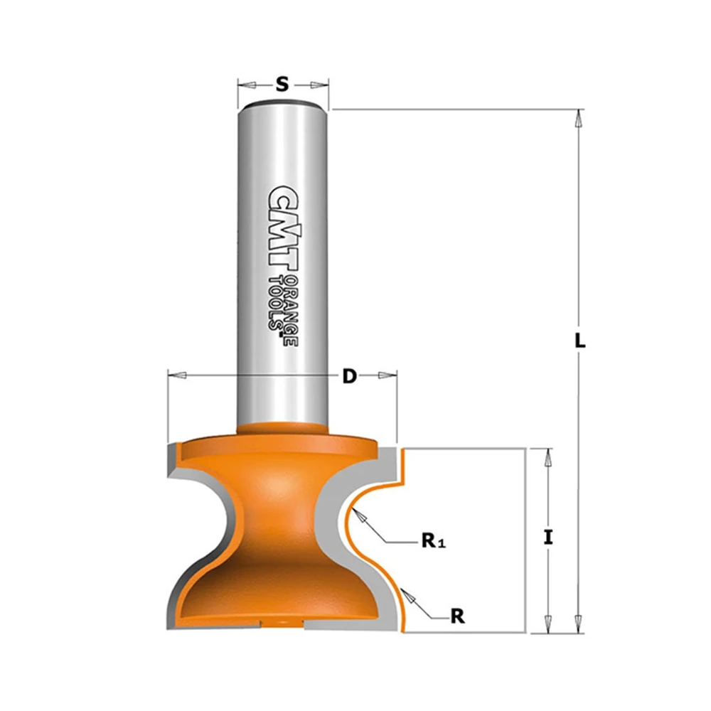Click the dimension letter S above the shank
(282, 84)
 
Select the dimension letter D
(349, 376)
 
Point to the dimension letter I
(548, 538)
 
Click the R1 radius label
(434, 540)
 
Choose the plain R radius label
(457, 616)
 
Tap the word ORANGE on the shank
(292, 310)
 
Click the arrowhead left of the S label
(247, 85)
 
